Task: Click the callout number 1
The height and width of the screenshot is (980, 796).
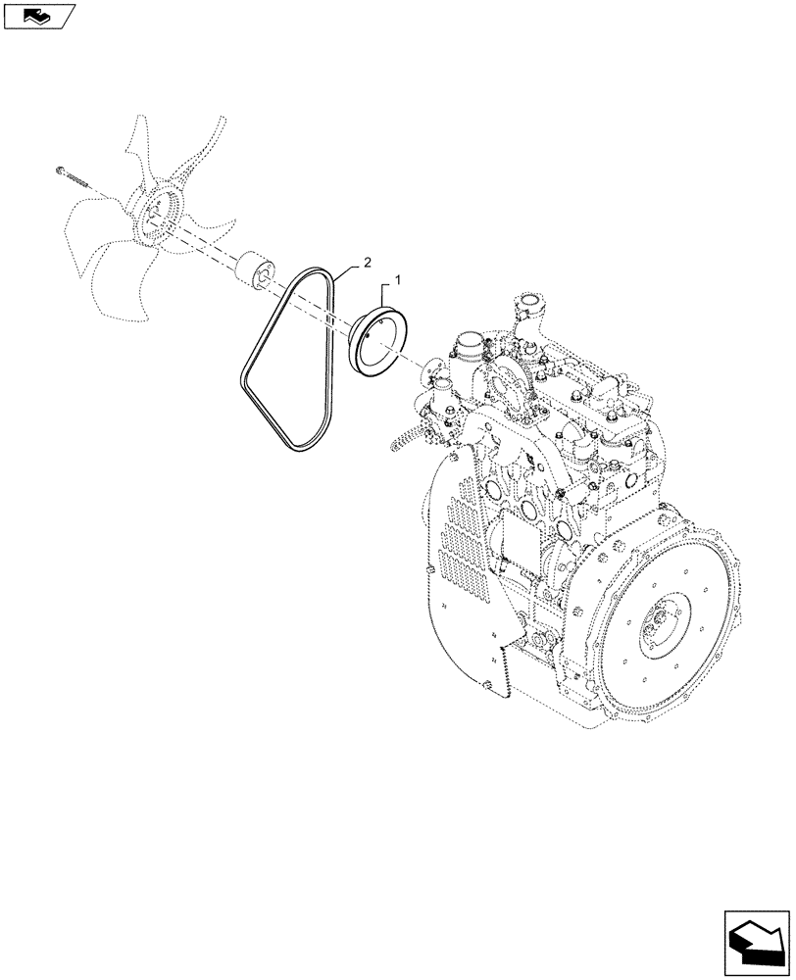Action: (x=399, y=280)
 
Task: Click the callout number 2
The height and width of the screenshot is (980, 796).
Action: (x=367, y=262)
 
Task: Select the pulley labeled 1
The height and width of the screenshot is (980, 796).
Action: (x=380, y=338)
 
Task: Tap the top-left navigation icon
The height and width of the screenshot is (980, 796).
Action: (x=37, y=15)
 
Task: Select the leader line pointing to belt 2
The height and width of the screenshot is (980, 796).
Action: (x=348, y=269)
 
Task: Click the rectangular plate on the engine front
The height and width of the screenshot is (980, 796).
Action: (x=521, y=548)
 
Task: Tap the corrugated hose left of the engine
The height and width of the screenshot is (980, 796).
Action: (x=403, y=443)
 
